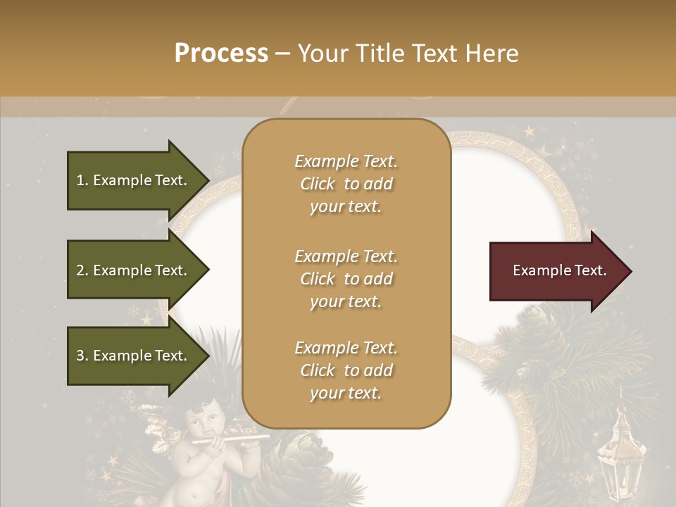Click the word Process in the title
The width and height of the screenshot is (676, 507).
point(221,53)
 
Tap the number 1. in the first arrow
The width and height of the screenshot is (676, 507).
point(82,180)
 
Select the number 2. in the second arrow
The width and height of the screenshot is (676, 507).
point(82,270)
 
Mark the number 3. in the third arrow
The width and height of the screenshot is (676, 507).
point(82,356)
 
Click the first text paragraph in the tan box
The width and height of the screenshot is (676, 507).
point(346,184)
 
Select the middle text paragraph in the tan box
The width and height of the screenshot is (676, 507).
point(346,278)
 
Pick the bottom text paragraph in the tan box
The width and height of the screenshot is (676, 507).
point(346,370)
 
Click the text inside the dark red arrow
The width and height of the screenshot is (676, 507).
point(559,270)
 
